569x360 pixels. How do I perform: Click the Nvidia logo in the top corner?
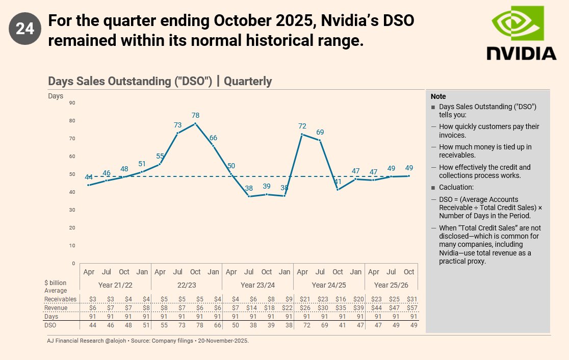[x=521, y=34]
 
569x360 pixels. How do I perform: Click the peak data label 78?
[x=195, y=116]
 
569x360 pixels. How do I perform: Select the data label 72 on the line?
[x=302, y=126]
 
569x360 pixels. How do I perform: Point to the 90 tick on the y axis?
[x=72, y=103]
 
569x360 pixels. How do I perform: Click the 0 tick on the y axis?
[x=73, y=264]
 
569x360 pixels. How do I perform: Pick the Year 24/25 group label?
[x=329, y=285]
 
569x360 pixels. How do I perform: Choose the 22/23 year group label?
[x=187, y=285]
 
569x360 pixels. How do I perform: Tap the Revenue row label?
[x=56, y=308]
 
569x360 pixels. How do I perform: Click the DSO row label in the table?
[x=50, y=325]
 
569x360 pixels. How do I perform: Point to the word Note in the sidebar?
[x=438, y=96]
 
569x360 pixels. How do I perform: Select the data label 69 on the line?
[x=320, y=132]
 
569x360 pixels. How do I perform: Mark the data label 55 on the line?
[x=160, y=157]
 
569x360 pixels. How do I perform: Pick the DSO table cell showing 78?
[x=195, y=325]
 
